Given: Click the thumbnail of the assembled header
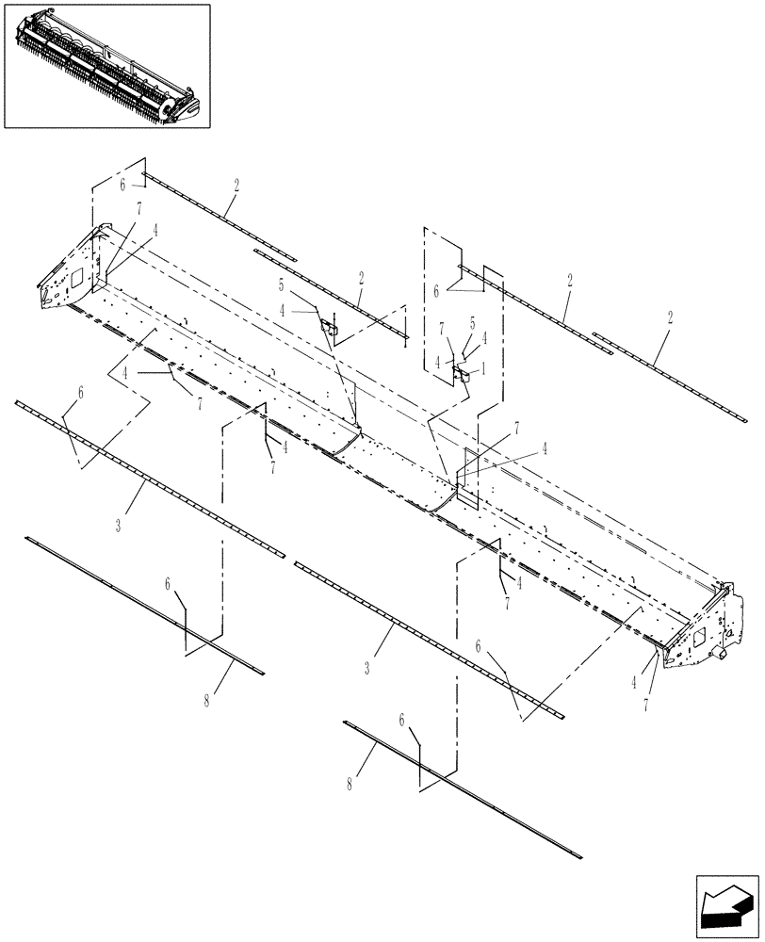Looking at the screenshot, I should (106, 65).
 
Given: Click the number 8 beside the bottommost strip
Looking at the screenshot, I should (350, 784).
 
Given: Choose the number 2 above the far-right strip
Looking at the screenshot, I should (669, 320).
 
